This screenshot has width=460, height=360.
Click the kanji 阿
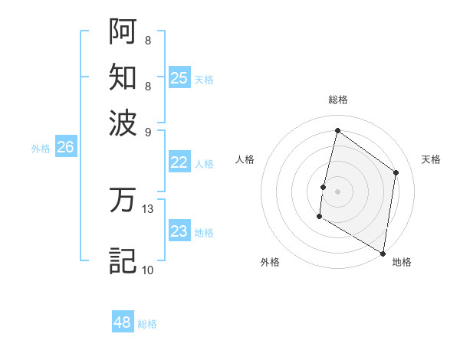point(123,31)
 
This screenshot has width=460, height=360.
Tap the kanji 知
point(123,77)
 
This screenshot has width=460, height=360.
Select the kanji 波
point(123,123)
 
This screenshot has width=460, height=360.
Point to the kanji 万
point(123,201)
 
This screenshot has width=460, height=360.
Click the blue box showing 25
point(179,78)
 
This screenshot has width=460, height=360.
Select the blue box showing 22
point(179,162)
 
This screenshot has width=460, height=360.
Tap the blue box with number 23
point(179,231)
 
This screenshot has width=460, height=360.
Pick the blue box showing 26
point(65,148)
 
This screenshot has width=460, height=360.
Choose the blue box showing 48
point(123,322)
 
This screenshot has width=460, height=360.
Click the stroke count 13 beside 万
point(148,208)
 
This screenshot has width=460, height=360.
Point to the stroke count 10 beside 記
point(148,270)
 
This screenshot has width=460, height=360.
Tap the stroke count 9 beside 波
point(148,131)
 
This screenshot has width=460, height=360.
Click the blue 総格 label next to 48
point(147,324)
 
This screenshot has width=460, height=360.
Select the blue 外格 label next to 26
point(41,149)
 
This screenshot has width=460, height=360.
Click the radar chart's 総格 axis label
point(338,100)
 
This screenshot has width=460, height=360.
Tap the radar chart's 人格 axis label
point(245,159)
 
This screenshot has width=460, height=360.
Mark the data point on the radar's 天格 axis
point(396,172)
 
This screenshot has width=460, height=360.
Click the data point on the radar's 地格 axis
point(383,253)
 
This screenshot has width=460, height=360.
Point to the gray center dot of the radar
point(338,191)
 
